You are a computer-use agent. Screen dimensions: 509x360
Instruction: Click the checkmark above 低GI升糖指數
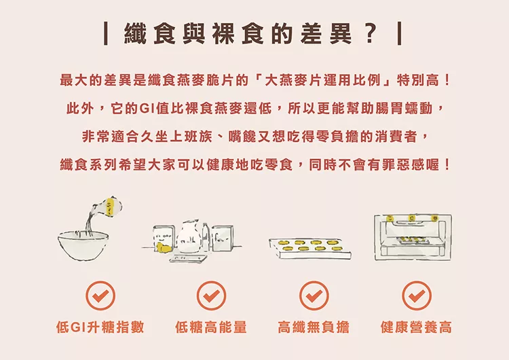[x=100, y=295]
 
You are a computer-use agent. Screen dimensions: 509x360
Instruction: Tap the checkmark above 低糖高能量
[x=211, y=295]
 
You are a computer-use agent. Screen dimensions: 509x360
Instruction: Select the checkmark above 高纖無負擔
[x=314, y=295]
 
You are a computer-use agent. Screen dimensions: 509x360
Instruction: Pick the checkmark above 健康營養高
[x=417, y=295]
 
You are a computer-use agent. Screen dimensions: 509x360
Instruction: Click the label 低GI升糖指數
[x=100, y=327]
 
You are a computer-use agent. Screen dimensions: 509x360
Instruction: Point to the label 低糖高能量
[x=211, y=327]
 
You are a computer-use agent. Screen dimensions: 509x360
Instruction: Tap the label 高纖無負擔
[x=314, y=327]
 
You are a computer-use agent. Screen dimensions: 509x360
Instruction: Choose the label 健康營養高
[x=416, y=327]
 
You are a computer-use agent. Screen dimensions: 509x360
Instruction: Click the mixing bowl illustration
[x=83, y=245]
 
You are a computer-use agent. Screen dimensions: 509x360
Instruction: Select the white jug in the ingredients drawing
[x=188, y=236]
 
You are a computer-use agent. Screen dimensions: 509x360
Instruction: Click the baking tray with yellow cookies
[x=310, y=249]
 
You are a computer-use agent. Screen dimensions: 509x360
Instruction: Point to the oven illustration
[x=413, y=237]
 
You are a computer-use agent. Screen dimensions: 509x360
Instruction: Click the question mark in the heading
[x=371, y=33]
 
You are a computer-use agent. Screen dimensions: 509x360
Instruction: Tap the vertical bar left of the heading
[x=105, y=33]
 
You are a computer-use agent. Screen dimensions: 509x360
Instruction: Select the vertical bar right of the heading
[x=400, y=33]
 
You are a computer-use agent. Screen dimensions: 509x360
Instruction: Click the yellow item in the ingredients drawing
[x=163, y=247]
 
